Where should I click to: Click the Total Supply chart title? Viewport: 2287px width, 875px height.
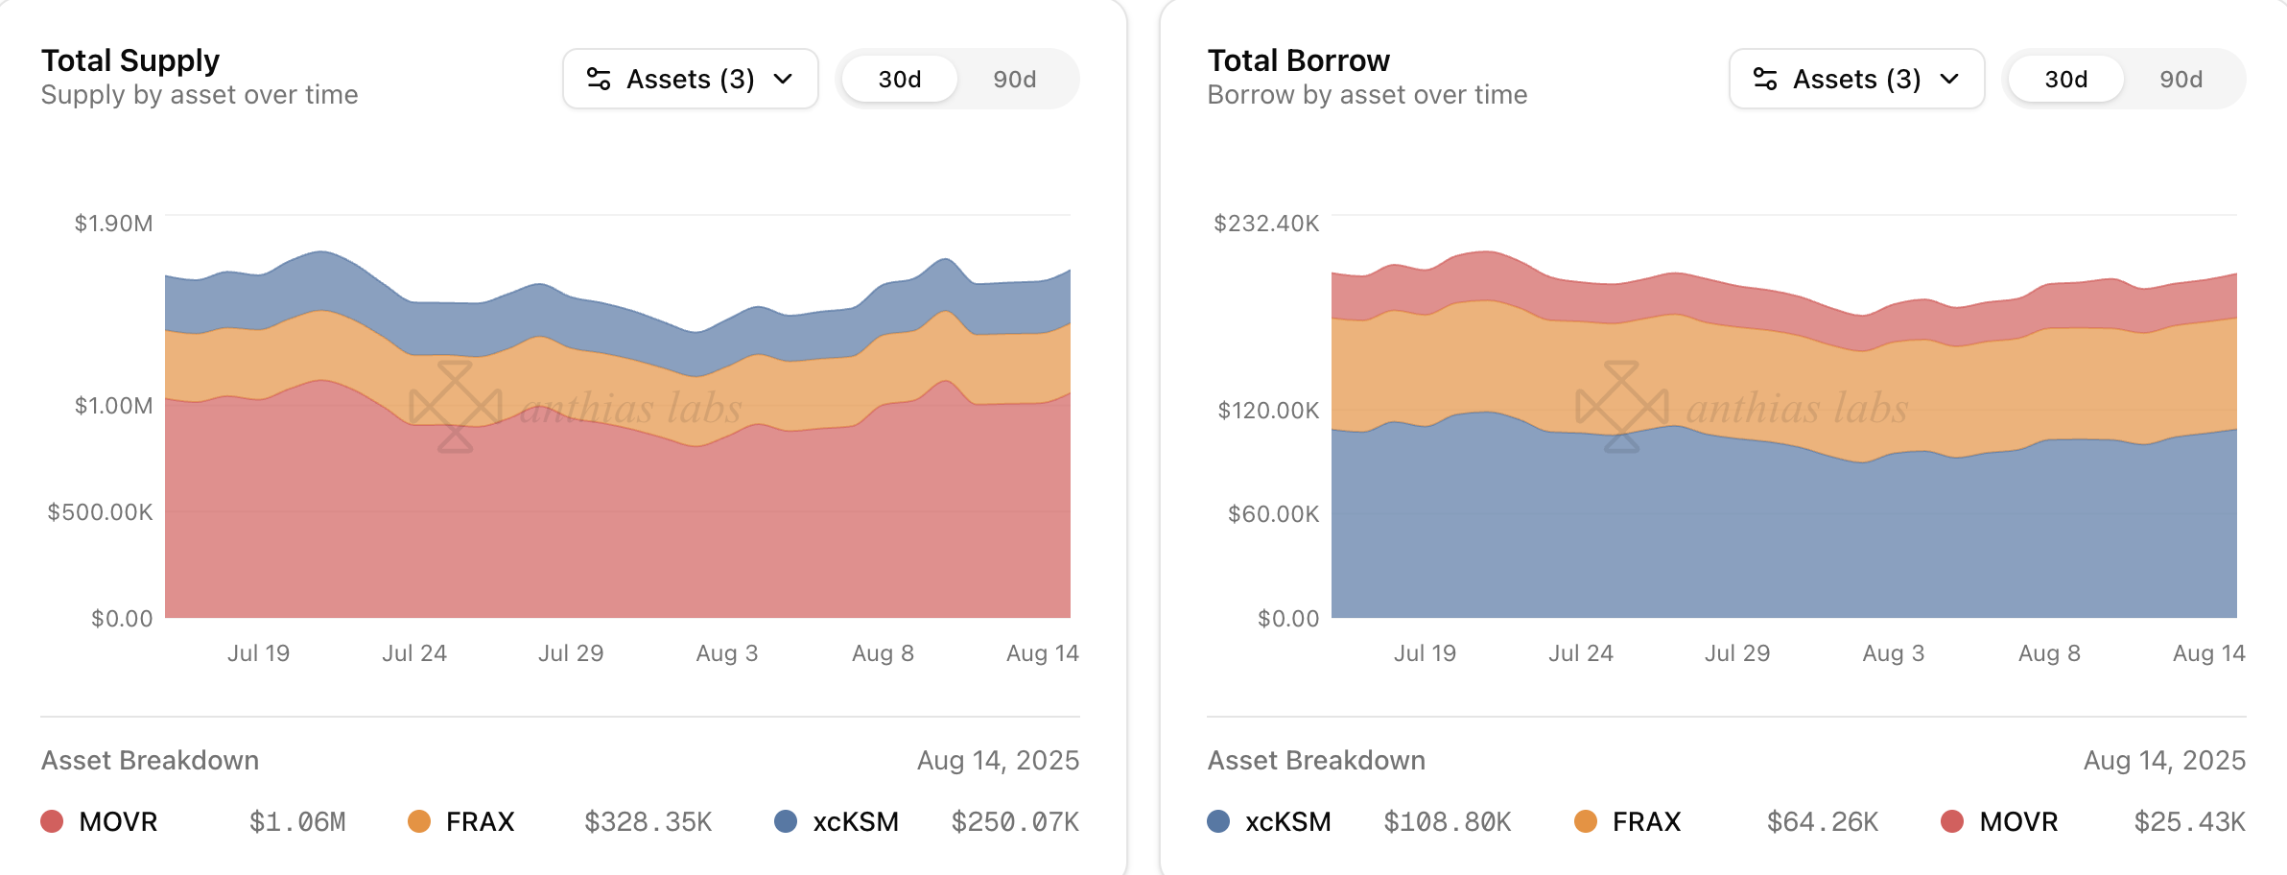point(130,60)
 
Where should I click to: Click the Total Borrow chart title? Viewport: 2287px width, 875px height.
point(1298,60)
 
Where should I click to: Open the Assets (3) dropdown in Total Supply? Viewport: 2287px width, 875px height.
point(690,79)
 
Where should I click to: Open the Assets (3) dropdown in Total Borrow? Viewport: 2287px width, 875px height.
point(1856,79)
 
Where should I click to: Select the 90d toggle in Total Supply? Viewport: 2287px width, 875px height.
point(1014,80)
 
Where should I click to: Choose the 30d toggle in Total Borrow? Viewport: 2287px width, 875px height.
point(2065,80)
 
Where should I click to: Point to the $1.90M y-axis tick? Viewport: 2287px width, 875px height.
point(113,224)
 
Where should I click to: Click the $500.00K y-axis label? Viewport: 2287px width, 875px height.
point(100,512)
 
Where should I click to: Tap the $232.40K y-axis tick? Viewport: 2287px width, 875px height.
point(1266,224)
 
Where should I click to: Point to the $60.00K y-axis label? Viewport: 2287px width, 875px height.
point(1273,514)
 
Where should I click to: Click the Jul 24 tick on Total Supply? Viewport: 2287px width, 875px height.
point(414,653)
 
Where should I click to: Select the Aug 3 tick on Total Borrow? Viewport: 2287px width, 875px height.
point(1893,653)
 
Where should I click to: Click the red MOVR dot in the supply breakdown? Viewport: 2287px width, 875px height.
point(52,821)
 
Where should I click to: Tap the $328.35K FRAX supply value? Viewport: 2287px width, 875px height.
point(648,822)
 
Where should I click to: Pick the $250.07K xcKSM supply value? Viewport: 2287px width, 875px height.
point(1015,822)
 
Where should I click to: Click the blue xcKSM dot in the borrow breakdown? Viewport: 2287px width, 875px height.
point(1218,821)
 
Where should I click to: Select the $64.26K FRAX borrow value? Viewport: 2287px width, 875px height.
point(1823,822)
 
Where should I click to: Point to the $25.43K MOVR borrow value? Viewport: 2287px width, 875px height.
point(2189,822)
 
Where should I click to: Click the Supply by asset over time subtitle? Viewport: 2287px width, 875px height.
point(200,95)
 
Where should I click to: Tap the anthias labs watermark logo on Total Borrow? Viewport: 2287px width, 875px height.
point(1622,407)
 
